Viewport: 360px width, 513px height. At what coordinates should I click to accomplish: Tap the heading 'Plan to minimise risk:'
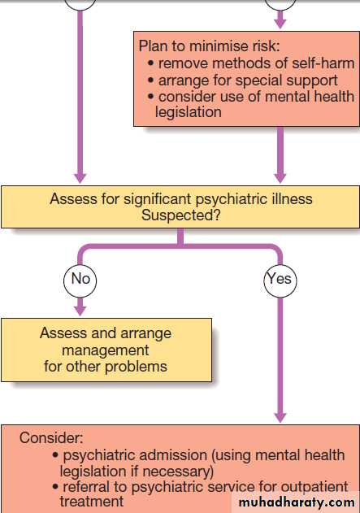(x=210, y=46)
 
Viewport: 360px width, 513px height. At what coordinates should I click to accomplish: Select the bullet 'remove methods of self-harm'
(x=251, y=63)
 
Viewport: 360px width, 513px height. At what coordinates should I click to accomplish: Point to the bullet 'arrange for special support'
(x=243, y=80)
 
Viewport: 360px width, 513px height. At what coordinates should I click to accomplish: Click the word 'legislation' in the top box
(x=189, y=112)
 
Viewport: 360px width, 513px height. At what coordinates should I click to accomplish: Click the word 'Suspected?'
(x=181, y=215)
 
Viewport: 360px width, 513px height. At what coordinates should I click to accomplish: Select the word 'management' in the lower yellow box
(x=106, y=350)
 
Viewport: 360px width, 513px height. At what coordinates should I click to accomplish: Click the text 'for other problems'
(x=106, y=367)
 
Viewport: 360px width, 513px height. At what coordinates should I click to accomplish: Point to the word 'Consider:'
(x=51, y=438)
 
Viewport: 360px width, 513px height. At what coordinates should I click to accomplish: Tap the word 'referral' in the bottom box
(x=86, y=487)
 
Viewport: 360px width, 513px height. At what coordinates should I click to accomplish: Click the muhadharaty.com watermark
(x=297, y=502)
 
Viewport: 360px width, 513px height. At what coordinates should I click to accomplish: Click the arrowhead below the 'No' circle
(x=80, y=311)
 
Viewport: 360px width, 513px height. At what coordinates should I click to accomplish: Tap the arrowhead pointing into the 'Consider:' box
(x=280, y=417)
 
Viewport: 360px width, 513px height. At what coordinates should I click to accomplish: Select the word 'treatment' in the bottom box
(x=92, y=502)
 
